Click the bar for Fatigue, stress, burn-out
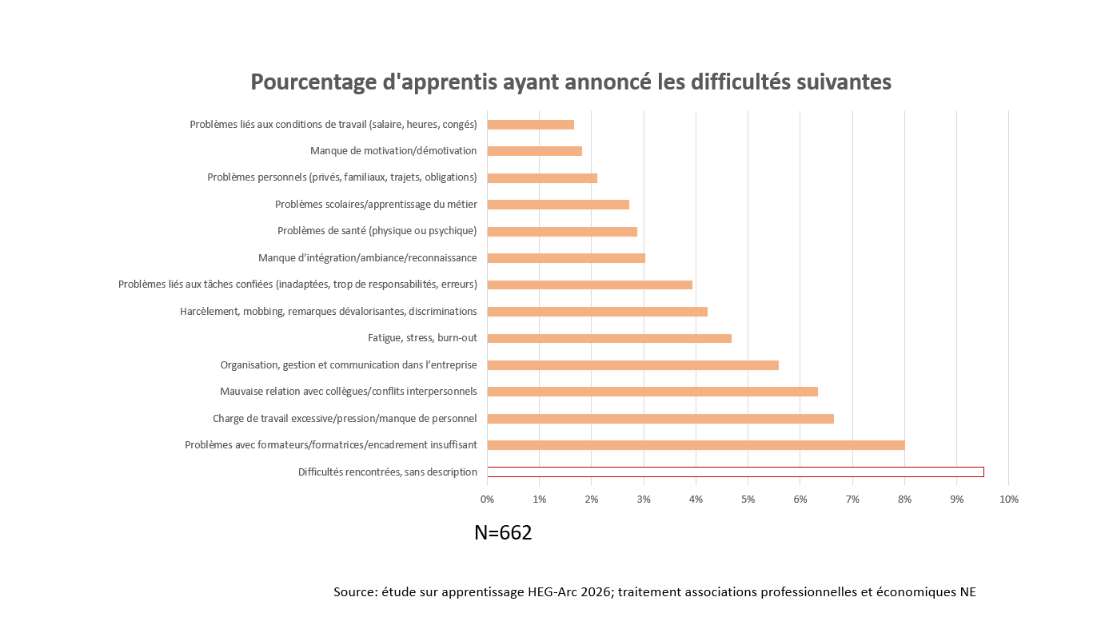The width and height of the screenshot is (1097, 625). (x=609, y=338)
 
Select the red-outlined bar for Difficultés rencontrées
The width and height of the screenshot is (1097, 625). (x=735, y=472)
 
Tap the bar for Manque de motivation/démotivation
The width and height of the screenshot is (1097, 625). (x=534, y=151)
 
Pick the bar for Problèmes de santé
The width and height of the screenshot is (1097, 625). (x=562, y=232)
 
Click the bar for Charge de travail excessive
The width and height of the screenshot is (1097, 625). (x=660, y=419)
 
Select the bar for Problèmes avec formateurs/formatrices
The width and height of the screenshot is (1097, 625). (x=696, y=445)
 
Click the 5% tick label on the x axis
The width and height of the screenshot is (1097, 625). (x=748, y=500)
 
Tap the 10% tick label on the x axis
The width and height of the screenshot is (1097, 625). (x=1008, y=500)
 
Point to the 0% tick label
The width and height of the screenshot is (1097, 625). (x=487, y=500)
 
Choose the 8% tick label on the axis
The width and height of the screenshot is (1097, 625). (x=904, y=500)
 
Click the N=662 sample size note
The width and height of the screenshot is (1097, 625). (x=503, y=533)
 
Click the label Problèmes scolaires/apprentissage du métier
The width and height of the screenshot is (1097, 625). (x=376, y=205)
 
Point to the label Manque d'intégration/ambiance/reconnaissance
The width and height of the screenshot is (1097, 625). (x=367, y=258)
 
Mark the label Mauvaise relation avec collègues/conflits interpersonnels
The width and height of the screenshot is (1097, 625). (x=349, y=392)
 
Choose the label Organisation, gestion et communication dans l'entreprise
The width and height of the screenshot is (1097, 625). (x=349, y=365)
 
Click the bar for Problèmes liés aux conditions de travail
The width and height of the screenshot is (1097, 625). (x=530, y=125)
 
